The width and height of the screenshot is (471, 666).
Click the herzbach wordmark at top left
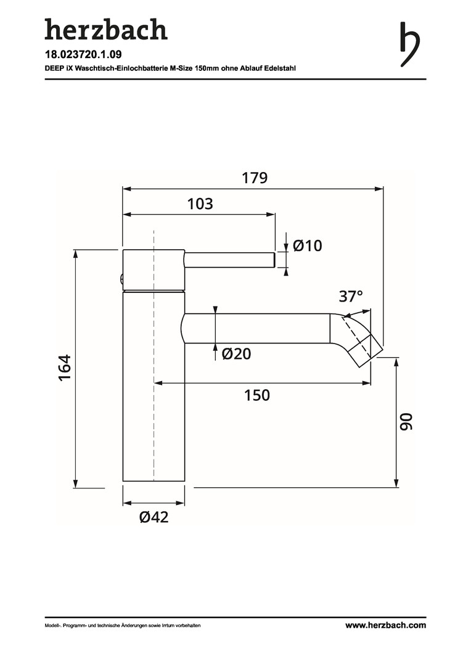coord(106,29)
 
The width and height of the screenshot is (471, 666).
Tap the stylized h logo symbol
coord(410,44)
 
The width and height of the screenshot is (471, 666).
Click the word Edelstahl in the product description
coord(281,68)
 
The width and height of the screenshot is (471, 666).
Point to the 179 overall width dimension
coord(255,178)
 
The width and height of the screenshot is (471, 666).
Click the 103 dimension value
coord(200,204)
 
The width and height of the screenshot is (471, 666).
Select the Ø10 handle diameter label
coord(308,245)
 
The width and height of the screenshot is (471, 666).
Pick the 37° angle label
coord(351,296)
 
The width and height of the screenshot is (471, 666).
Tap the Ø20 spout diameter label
coord(237,353)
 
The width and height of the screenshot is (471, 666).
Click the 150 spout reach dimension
coord(257,395)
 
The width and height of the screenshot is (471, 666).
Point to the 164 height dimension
coord(65,368)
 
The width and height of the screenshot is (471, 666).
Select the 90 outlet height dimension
coord(406,421)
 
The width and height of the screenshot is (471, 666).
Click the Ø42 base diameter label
coord(154,517)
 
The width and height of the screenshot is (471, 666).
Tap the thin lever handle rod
coord(230,260)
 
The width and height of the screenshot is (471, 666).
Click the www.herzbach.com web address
coord(385,625)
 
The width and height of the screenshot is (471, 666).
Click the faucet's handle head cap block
coord(154,269)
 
